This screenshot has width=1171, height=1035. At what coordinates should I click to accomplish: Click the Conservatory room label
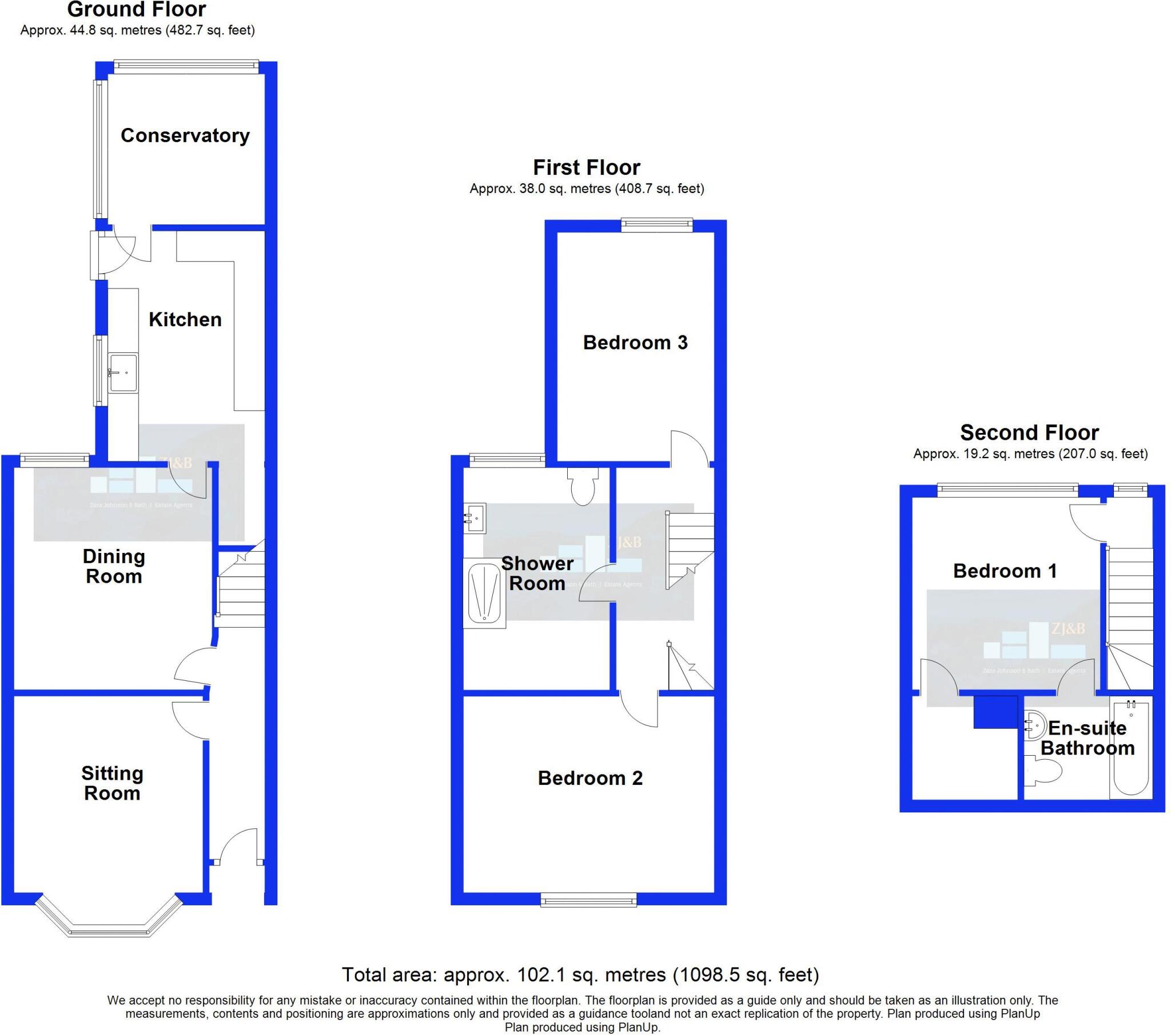click(185, 136)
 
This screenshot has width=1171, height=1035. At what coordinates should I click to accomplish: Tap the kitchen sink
click(124, 372)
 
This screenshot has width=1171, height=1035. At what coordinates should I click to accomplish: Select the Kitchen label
click(185, 319)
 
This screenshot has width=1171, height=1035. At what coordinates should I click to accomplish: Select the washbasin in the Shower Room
click(475, 517)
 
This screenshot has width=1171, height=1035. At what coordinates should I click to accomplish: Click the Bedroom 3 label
click(635, 342)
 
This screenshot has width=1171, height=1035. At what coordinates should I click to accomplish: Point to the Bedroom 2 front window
click(589, 900)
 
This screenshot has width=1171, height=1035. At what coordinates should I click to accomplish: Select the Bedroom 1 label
click(1005, 571)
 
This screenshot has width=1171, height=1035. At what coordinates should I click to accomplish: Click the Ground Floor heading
click(136, 10)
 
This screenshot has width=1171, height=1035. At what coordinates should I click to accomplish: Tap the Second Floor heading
click(1029, 432)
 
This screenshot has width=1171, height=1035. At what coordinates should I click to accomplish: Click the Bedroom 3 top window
click(656, 225)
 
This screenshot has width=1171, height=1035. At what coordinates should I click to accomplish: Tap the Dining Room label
click(113, 566)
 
